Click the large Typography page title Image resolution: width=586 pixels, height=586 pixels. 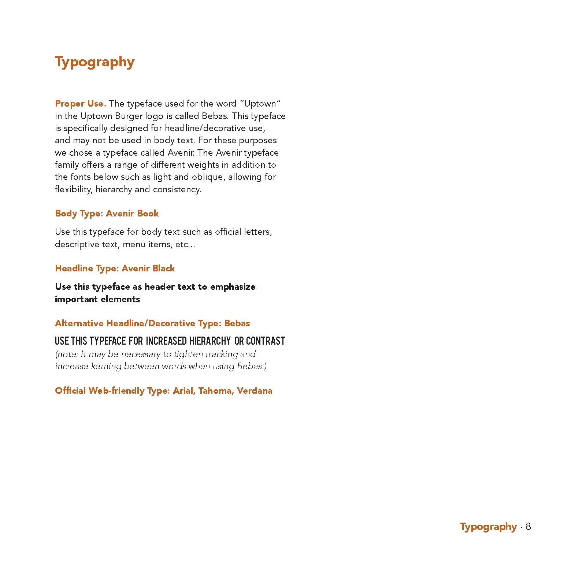tap(94, 62)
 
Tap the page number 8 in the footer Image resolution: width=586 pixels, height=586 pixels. tap(528, 526)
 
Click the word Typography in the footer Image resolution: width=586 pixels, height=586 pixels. tap(488, 527)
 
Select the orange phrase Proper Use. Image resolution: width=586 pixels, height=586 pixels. tap(80, 104)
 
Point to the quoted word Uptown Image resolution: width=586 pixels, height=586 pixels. tap(262, 104)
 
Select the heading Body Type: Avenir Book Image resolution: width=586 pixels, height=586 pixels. tap(107, 214)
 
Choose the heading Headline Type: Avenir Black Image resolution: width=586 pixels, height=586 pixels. tap(115, 268)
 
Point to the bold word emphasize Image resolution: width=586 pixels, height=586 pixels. tap(233, 287)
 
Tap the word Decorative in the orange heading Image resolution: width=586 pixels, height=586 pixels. tap(172, 323)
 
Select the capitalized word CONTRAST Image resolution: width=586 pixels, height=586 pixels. tap(266, 341)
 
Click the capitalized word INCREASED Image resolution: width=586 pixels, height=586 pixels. tap(166, 341)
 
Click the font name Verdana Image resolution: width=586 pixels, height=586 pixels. tap(255, 391)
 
